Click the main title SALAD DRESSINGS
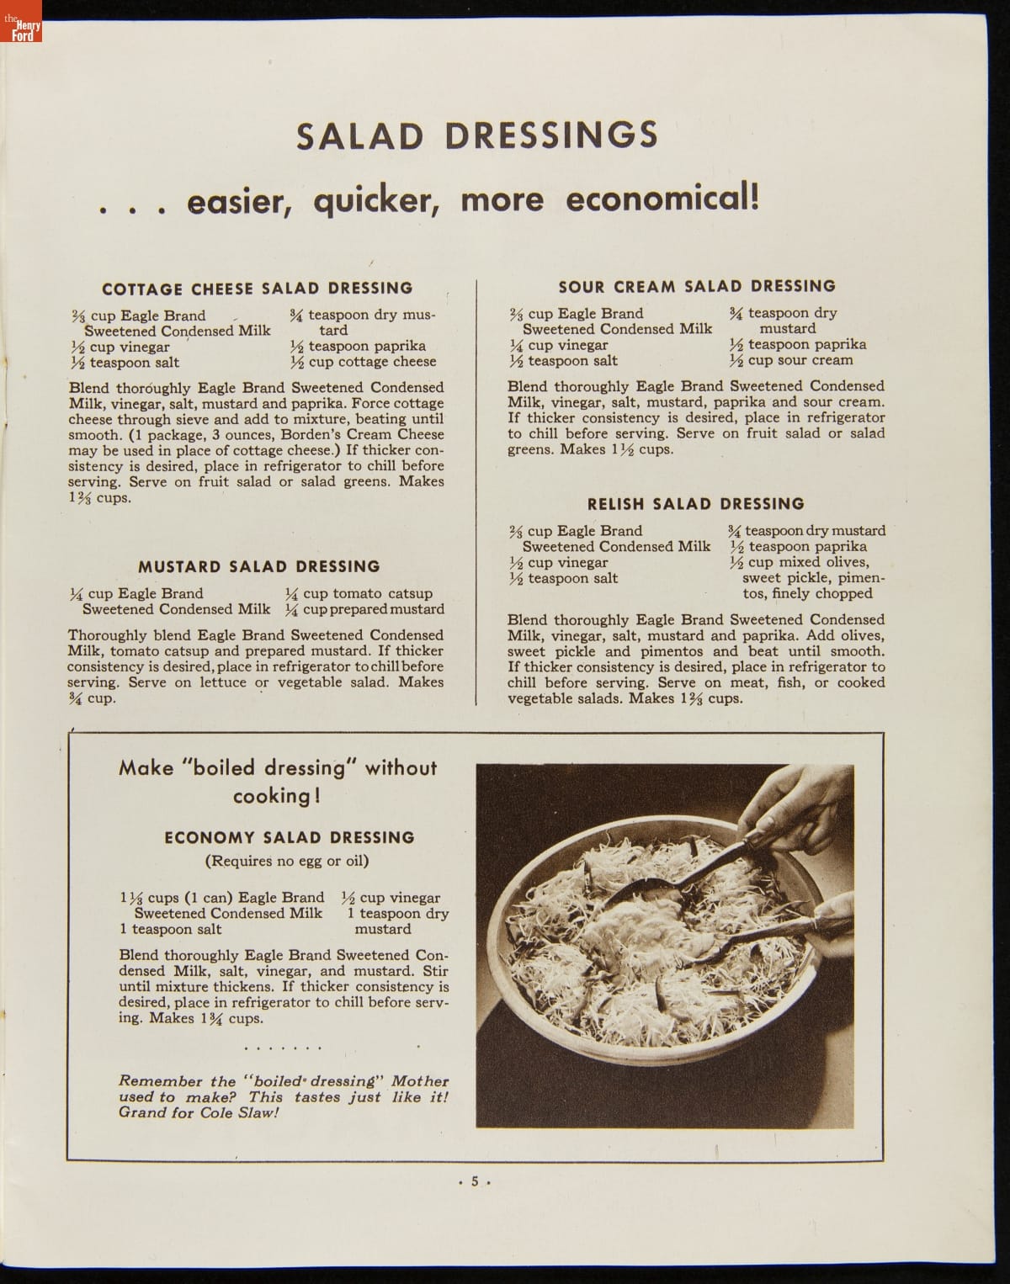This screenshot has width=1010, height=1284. click(x=477, y=135)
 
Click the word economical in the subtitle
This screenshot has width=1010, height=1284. click(x=662, y=200)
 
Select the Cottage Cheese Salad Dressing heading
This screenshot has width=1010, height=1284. click(x=258, y=289)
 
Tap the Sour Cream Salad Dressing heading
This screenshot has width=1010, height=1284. click(x=697, y=286)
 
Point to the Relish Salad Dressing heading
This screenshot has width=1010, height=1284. click(x=695, y=504)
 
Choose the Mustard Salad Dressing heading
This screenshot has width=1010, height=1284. click(x=258, y=566)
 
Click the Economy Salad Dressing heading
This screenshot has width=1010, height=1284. click(x=290, y=837)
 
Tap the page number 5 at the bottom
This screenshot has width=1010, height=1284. click(x=474, y=1181)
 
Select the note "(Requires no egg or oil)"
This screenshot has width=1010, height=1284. click(x=287, y=861)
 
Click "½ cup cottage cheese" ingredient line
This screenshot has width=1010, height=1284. click(x=363, y=362)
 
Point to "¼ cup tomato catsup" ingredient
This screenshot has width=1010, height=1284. click(x=359, y=593)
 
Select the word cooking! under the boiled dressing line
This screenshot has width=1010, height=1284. click(x=276, y=796)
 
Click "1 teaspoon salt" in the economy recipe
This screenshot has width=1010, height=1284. click(x=171, y=929)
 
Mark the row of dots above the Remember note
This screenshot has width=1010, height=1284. click(x=283, y=1049)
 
